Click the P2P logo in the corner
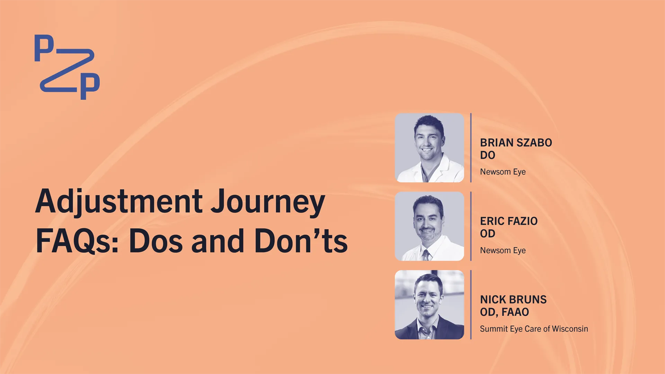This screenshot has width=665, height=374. tap(67, 67)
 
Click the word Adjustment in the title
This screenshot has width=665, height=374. tap(119, 202)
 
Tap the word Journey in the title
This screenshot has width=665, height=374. tap(268, 202)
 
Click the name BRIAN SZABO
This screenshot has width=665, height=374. tap(516, 143)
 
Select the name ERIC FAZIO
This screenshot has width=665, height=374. tap(509, 221)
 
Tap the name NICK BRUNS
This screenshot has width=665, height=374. tap(513, 300)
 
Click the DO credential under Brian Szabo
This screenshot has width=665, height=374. tap(488, 155)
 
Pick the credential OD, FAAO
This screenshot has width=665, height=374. tap(505, 312)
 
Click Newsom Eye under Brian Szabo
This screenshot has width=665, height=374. tap(503, 172)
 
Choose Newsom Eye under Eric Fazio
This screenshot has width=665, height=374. tap(503, 250)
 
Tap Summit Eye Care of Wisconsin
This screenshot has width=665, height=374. tap(534, 329)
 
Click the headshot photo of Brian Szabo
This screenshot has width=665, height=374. tap(429, 148)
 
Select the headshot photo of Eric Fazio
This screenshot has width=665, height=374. tap(429, 226)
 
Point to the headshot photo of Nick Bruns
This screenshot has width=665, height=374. tap(429, 305)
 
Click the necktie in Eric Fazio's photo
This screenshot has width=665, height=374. tap(426, 255)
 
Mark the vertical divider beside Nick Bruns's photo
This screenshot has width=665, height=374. tap(471, 305)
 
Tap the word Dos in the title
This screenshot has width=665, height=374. tap(156, 241)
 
